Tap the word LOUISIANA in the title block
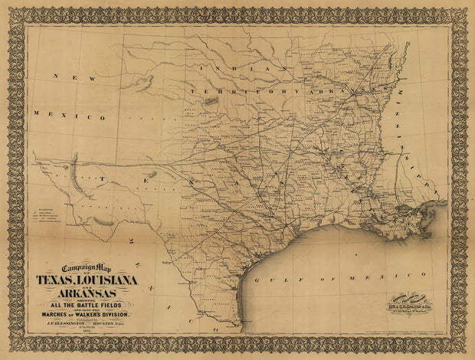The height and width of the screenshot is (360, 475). pyautogui.click(x=111, y=281)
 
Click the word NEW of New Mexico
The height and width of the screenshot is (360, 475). pyautogui.click(x=61, y=77)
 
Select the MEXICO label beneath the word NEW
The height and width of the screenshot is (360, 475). pyautogui.click(x=69, y=117)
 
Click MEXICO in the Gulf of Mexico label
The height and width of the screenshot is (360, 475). pyautogui.click(x=356, y=274)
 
